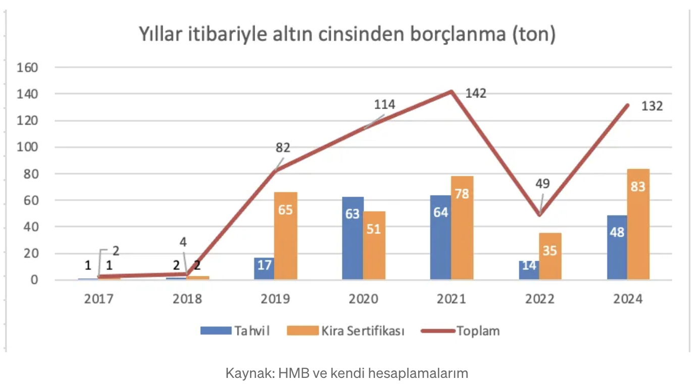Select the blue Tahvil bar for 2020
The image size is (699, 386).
pyautogui.click(x=353, y=238)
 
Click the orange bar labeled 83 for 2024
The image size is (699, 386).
pyautogui.click(x=638, y=224)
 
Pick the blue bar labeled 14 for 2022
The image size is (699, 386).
pyautogui.click(x=529, y=270)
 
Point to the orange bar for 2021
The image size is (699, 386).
pyautogui.click(x=462, y=228)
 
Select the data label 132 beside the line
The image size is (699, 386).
pyautogui.click(x=652, y=106)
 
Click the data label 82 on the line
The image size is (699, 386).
pyautogui.click(x=283, y=148)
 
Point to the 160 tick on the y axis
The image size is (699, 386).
pyautogui.click(x=28, y=67)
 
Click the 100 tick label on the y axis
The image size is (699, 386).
pyautogui.click(x=28, y=147)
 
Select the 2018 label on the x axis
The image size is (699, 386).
pyautogui.click(x=187, y=299)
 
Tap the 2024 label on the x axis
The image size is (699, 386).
pyautogui.click(x=628, y=299)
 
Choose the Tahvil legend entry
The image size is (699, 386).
pyautogui.click(x=235, y=331)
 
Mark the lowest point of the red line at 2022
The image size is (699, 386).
pyautogui.click(x=539, y=215)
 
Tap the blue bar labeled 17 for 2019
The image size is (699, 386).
pyautogui.click(x=264, y=268)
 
